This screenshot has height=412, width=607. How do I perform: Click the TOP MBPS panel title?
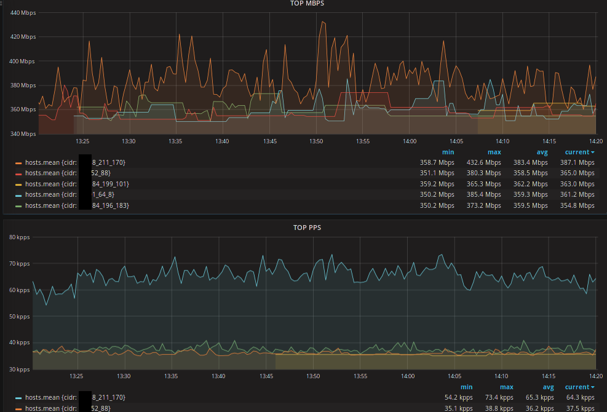coord(307,3)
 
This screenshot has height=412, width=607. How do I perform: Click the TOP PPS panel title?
coord(307,228)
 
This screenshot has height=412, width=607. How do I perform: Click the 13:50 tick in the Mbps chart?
coord(316,141)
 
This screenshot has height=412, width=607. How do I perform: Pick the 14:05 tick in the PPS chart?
coord(454,376)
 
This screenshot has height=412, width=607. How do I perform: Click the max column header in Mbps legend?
coord(494,152)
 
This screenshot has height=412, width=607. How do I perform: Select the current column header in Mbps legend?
coord(579,152)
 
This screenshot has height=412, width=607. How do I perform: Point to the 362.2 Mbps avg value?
coord(532,184)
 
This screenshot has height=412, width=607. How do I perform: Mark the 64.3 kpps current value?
coord(580,398)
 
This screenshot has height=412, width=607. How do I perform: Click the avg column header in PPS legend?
coord(548,387)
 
